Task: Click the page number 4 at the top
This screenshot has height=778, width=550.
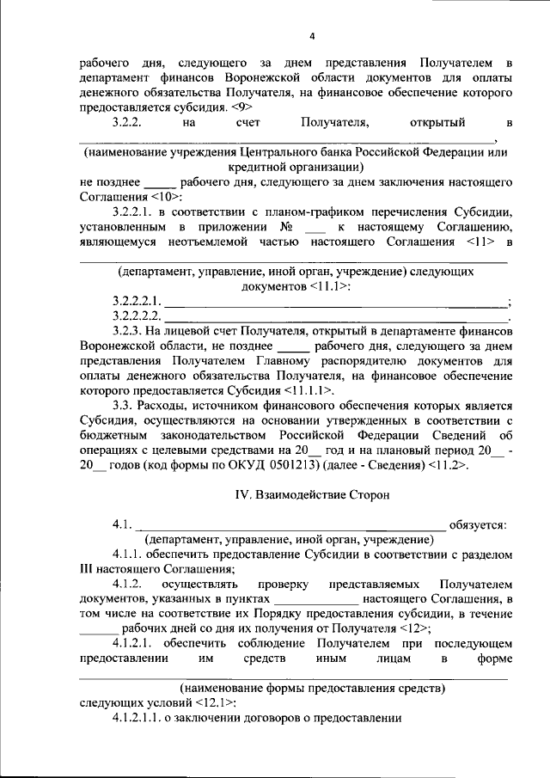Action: point(313,36)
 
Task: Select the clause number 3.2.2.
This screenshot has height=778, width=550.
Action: point(131,124)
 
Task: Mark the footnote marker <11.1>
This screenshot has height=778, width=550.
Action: point(329,285)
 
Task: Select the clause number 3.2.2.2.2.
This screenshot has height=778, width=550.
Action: point(136,316)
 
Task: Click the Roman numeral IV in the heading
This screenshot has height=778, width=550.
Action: point(242,495)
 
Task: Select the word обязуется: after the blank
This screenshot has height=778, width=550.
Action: point(478,524)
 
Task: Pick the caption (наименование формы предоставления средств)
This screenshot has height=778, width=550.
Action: point(312,688)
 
